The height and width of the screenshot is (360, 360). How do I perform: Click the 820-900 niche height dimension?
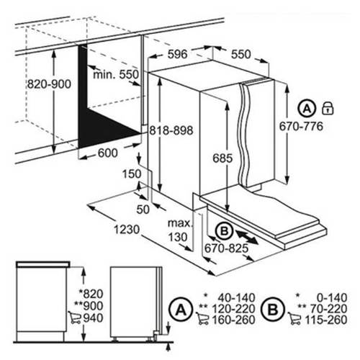coord(49,84)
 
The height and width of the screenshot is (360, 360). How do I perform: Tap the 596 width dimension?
coord(177,54)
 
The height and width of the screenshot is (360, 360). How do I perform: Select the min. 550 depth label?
coord(116,75)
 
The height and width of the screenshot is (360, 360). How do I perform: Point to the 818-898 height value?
coord(171,131)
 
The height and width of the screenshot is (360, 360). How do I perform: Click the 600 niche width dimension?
coord(108,153)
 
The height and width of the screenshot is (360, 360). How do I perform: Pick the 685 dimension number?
coord(222,158)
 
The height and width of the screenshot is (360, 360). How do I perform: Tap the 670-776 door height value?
coord(301,127)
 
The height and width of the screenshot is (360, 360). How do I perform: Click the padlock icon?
coord(328,108)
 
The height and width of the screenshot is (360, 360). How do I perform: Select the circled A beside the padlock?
coord(307,109)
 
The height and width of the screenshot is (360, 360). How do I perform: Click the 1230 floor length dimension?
coord(127,230)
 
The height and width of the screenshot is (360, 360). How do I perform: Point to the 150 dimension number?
coord(132,174)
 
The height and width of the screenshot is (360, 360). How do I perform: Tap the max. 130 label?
coord(180,230)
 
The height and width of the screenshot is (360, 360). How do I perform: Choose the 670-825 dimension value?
coord(226,248)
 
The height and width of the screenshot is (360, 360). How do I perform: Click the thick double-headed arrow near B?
coord(247,237)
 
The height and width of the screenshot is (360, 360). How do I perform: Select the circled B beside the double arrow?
coord(225,231)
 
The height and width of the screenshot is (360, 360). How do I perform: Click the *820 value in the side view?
coord(91,294)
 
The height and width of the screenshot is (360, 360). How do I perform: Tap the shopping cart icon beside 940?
coord(74,318)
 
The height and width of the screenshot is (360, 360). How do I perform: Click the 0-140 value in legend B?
coord(332,298)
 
